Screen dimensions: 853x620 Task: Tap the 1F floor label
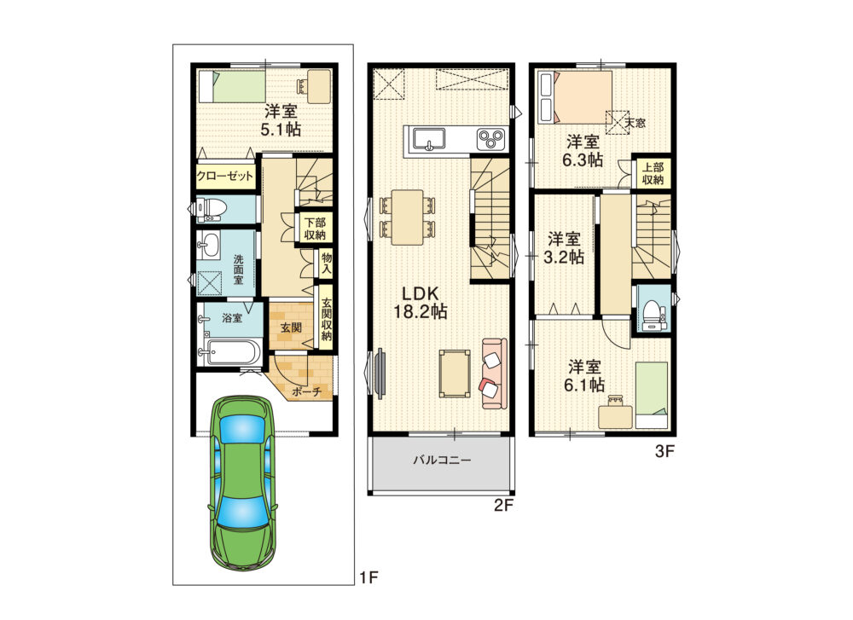(368, 577)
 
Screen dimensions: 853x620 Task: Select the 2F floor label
(504, 505)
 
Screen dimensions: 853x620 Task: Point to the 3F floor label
(664, 451)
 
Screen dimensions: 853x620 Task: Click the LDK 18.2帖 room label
(421, 303)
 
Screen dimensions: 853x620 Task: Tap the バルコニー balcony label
(442, 461)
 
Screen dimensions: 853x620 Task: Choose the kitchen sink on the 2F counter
(429, 139)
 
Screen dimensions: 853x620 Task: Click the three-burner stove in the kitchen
(490, 139)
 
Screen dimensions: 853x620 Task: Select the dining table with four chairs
(407, 217)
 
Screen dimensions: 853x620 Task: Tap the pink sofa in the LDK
(494, 373)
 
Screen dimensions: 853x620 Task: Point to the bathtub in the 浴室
(231, 352)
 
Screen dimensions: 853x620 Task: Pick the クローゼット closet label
(225, 177)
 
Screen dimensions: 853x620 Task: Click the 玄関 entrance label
(291, 328)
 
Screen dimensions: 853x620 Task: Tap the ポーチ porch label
(307, 391)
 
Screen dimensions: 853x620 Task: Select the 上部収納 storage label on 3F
(653, 173)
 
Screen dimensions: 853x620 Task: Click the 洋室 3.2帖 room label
(564, 248)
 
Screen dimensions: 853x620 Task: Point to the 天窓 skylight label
(635, 123)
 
